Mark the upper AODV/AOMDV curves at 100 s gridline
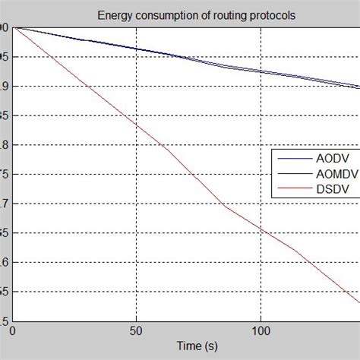(261, 71)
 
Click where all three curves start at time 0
(13, 28)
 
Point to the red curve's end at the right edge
(358, 302)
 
